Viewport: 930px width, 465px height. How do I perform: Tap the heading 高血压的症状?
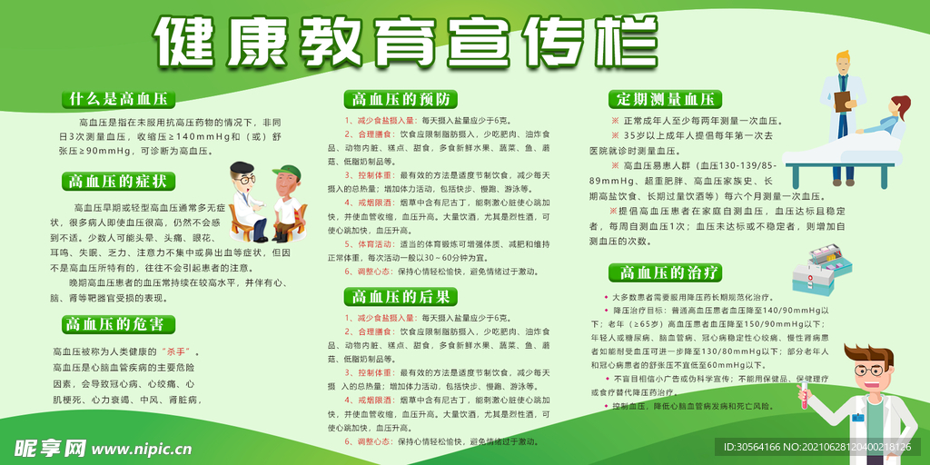118,182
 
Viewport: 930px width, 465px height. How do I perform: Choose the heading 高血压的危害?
118,324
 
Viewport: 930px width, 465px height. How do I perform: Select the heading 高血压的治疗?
670,272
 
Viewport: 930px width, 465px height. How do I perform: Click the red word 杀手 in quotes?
174,351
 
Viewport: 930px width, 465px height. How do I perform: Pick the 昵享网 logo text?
49,447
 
